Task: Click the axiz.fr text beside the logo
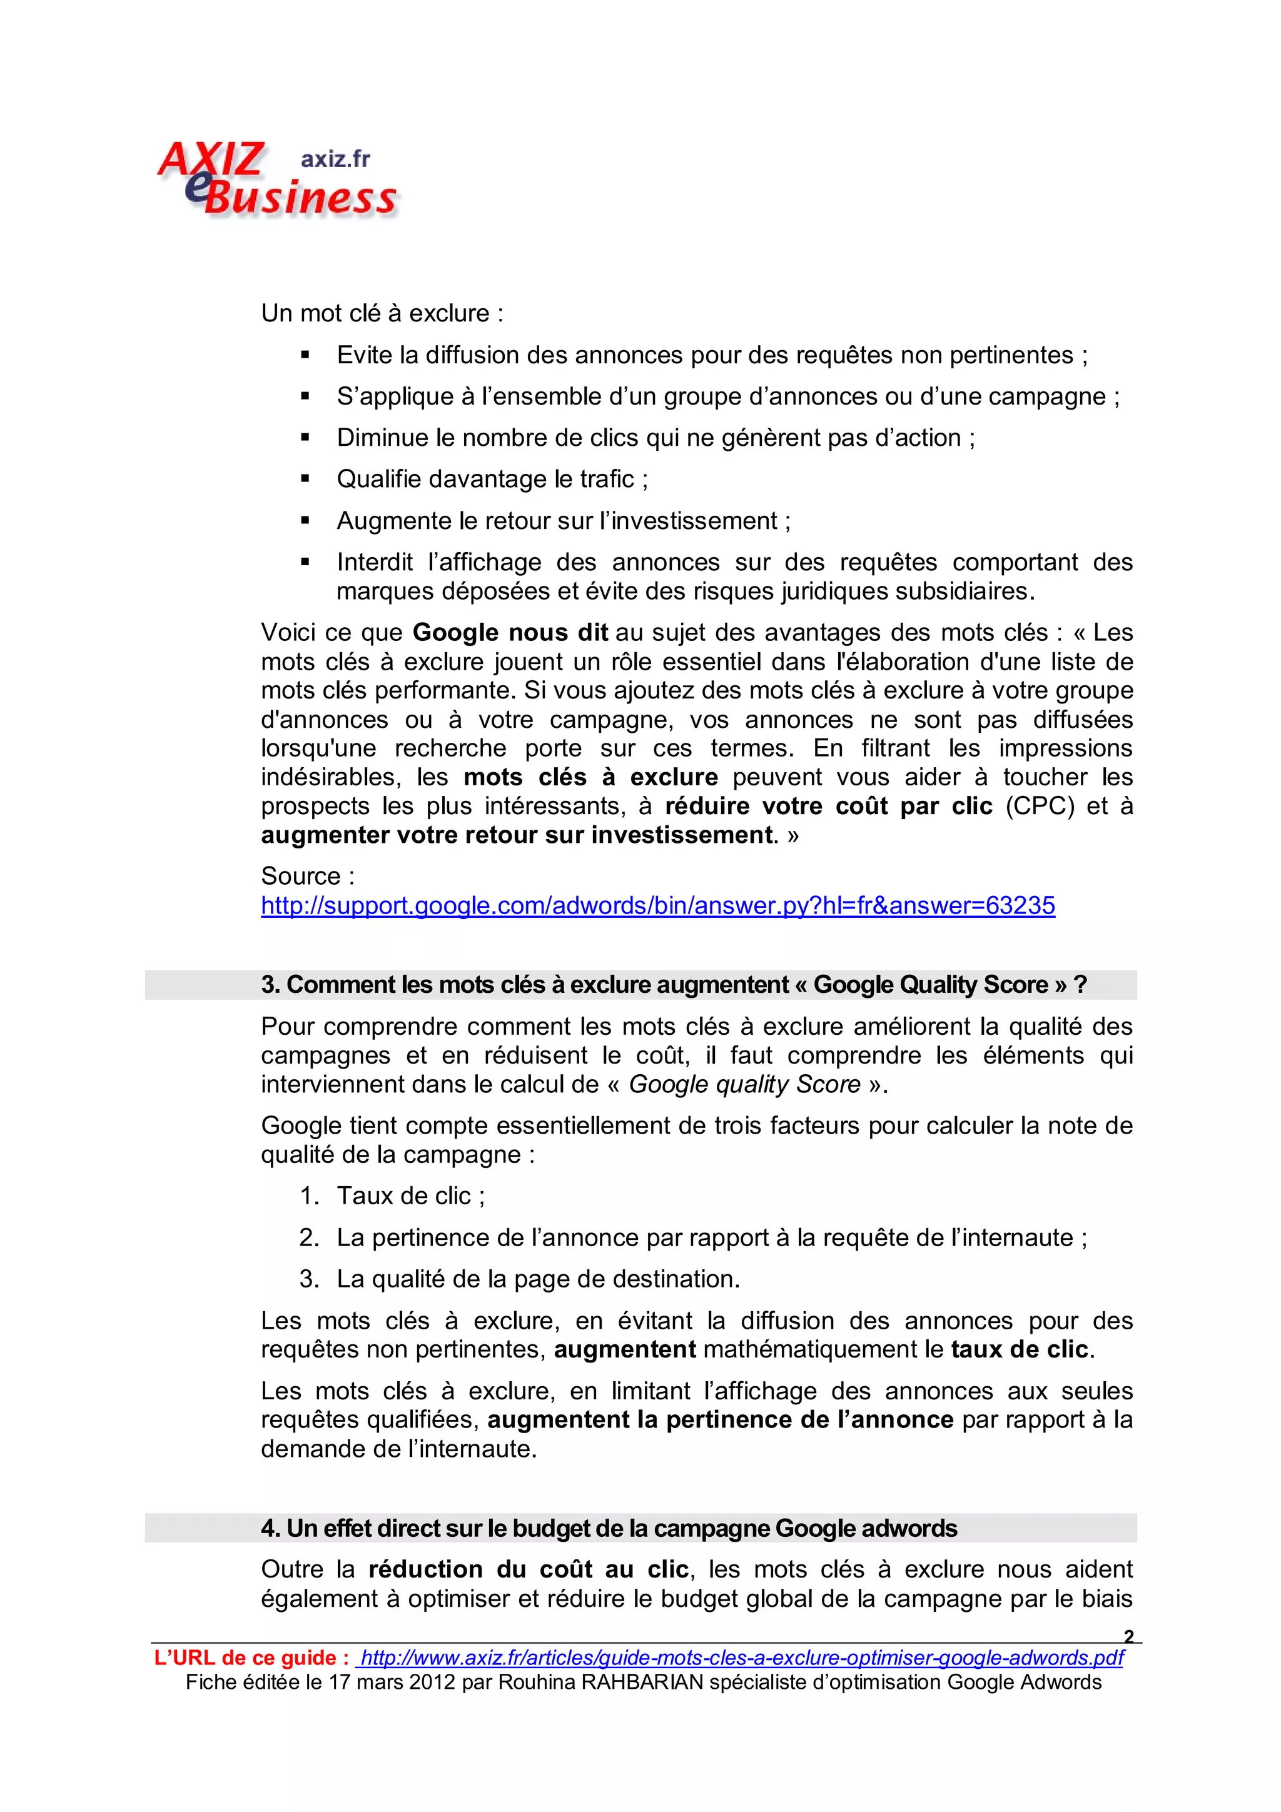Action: (x=335, y=159)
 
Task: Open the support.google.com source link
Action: (x=657, y=905)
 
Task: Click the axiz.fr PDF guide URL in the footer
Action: (x=741, y=1658)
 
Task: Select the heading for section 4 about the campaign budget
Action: (x=609, y=1528)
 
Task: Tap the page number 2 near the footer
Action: (x=1128, y=1636)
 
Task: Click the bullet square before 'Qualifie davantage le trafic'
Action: (x=305, y=479)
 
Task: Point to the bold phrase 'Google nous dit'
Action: (x=510, y=633)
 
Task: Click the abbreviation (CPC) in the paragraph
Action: (x=1040, y=806)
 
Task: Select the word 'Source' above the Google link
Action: (x=301, y=876)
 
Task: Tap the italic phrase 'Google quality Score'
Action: (x=744, y=1084)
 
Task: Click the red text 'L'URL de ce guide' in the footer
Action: (x=251, y=1658)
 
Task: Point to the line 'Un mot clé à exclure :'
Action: (x=382, y=313)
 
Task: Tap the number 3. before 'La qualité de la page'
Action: (x=308, y=1279)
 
